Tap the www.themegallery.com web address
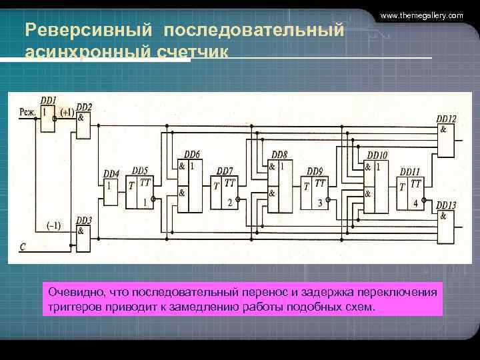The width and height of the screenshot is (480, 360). coord(421,15)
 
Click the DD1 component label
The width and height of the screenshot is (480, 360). coord(48,99)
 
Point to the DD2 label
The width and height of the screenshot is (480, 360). coord(84,107)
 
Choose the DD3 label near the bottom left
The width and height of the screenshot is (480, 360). coord(84,220)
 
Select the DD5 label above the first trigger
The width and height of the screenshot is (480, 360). coord(140,171)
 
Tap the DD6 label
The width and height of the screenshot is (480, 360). coord(191,154)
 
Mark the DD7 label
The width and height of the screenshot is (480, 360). coord(225,171)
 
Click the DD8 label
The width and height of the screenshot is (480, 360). coord(279,154)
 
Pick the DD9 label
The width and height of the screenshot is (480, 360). coord(314,171)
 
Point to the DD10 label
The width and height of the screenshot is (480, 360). coord(377,155)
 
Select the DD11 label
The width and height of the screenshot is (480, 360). coord(410,171)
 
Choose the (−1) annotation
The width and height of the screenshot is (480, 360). coord(54,225)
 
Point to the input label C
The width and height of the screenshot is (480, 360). coord(23,247)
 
